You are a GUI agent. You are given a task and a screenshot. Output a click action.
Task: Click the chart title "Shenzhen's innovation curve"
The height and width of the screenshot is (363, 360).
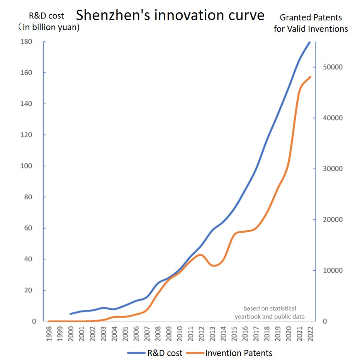pyautogui.click(x=170, y=15)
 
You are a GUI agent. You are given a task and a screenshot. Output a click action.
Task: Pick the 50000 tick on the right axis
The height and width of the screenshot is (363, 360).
pyautogui.click(x=333, y=67)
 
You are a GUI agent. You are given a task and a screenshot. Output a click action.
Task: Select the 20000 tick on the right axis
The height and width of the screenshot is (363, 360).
pyautogui.click(x=333, y=220)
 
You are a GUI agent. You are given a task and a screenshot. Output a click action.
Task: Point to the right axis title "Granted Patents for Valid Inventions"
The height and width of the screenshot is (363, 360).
pyautogui.click(x=311, y=23)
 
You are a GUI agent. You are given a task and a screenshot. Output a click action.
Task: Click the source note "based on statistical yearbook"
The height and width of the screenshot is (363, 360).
pyautogui.click(x=270, y=312)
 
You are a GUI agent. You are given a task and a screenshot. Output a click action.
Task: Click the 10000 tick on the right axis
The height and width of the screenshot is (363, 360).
pyautogui.click(x=333, y=270)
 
